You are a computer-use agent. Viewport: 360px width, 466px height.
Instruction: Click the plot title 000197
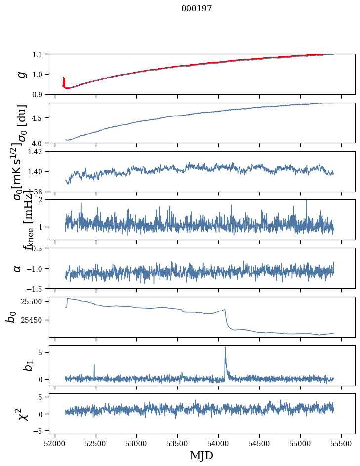tap(197, 9)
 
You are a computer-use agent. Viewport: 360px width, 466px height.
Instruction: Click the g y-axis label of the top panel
tap(21, 74)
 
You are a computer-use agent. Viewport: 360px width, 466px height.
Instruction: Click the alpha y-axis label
tap(18, 268)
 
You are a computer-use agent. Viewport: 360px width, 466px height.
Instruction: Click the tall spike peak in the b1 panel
tap(225, 347)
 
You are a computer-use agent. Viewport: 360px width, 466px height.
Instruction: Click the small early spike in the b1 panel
tap(94, 365)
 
